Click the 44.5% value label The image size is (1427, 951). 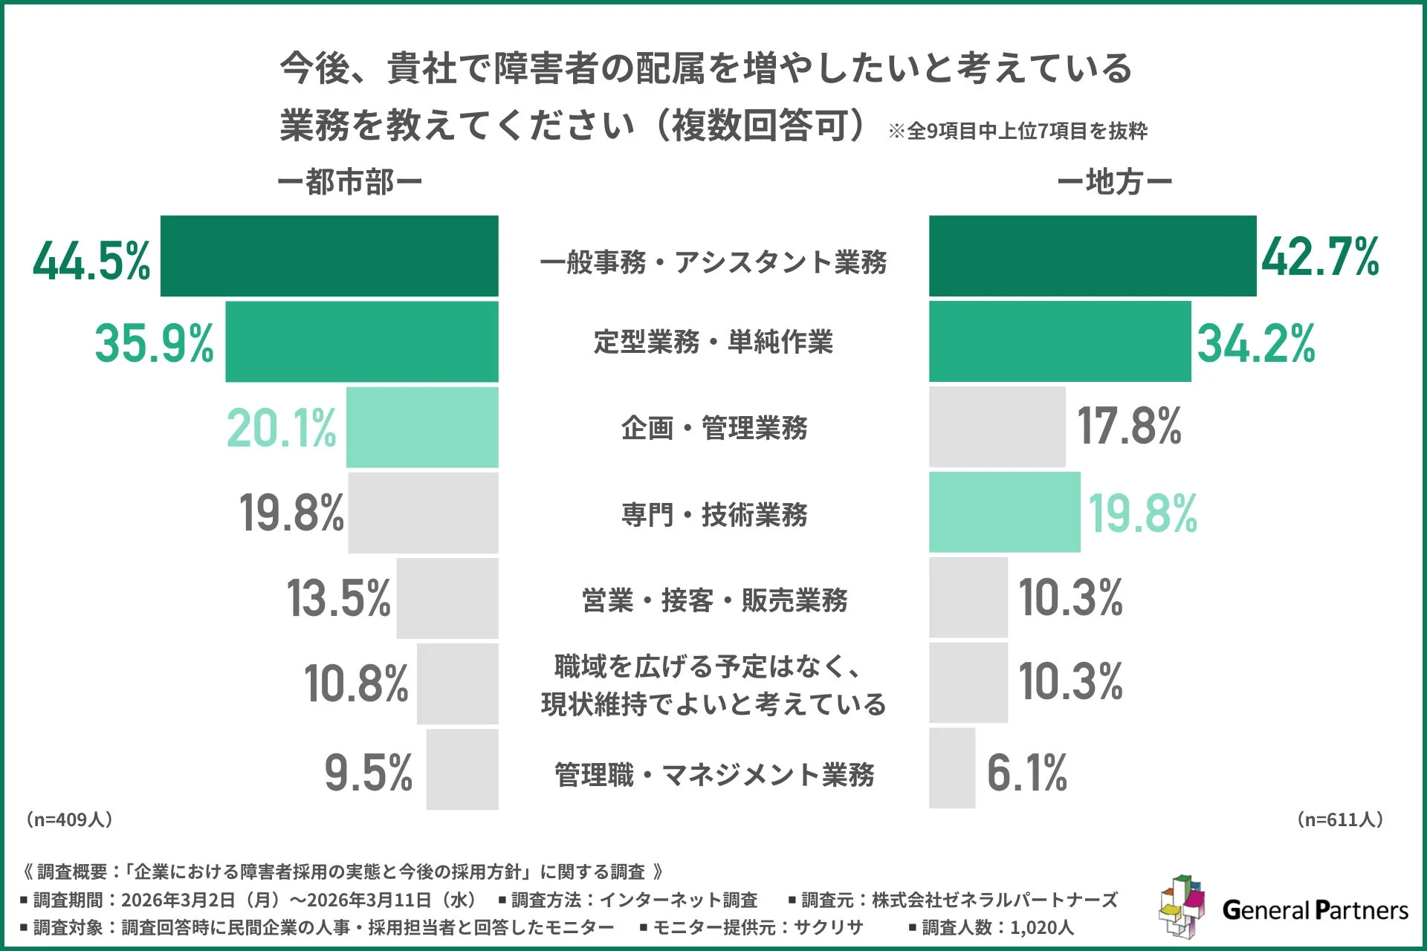91,261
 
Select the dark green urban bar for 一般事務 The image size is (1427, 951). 329,256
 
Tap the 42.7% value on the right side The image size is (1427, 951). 1320,257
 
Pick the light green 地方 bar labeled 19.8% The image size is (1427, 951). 1004,512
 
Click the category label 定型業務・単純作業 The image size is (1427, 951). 713,342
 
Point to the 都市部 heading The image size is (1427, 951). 349,182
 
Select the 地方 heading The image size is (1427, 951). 1114,182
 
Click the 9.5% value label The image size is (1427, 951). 368,773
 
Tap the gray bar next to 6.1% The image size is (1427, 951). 951,768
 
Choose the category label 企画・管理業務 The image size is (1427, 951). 713,428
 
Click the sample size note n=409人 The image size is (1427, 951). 68,819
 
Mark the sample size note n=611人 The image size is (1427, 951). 1339,819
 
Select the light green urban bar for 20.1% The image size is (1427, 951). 421,427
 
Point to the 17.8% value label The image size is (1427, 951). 1129,426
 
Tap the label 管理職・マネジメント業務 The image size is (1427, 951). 713,774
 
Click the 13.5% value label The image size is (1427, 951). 338,598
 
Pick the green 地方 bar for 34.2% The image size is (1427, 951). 1059,342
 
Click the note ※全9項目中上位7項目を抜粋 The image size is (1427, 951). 1017,132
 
